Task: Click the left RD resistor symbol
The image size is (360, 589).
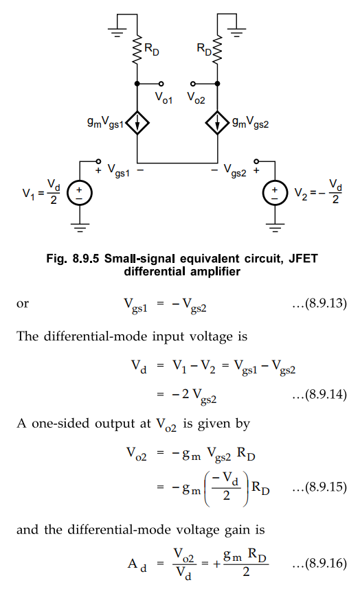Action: click(137, 49)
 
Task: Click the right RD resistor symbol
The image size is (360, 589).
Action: click(217, 49)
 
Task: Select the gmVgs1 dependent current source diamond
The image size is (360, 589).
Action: click(137, 122)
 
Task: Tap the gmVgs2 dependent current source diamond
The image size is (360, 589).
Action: click(217, 122)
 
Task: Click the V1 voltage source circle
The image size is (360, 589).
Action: click(79, 193)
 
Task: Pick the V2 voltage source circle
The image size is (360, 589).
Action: click(275, 193)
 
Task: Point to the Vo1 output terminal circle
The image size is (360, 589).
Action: click(161, 83)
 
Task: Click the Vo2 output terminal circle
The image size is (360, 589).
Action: click(193, 83)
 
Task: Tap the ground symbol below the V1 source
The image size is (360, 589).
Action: click(79, 228)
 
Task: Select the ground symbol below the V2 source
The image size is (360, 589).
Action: click(275, 228)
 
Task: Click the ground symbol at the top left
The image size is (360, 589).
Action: click(117, 33)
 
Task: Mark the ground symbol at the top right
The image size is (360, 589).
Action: click(236, 33)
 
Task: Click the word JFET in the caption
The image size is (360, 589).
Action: click(303, 258)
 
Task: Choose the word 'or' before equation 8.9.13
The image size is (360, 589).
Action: click(23, 303)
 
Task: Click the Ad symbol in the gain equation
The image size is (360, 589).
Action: click(137, 564)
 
